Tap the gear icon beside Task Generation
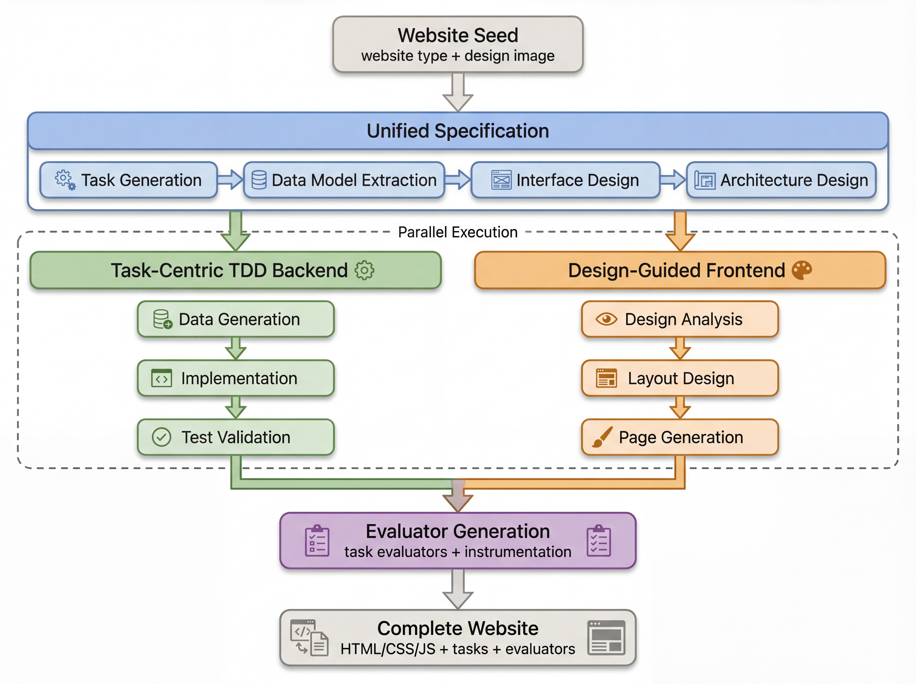click(x=65, y=180)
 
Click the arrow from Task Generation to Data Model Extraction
click(x=230, y=180)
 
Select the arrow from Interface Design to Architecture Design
click(x=673, y=180)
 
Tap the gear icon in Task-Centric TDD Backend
click(x=364, y=270)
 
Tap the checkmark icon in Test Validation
click(x=161, y=437)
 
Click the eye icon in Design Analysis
click(x=606, y=319)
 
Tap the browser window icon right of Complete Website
click(x=606, y=638)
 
